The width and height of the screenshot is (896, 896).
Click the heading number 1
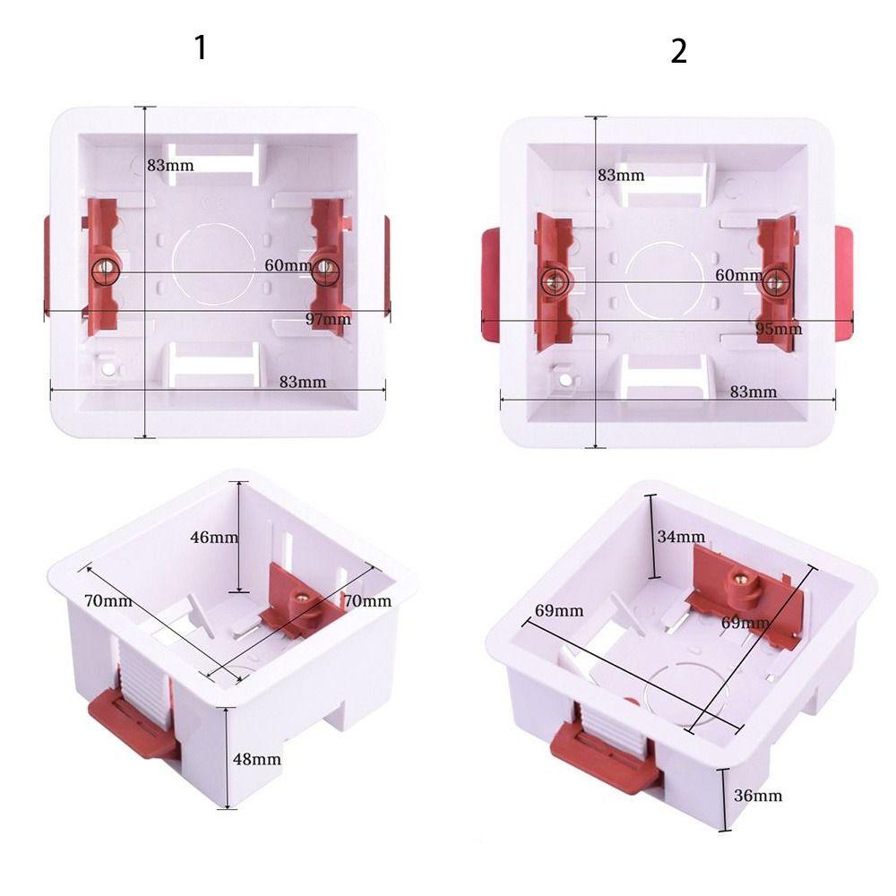coord(201,47)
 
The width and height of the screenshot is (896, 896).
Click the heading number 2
coord(678,51)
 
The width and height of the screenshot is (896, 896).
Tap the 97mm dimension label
coord(328,319)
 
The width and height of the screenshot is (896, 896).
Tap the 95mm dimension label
coord(779,328)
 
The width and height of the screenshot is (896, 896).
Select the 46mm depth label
coord(214,538)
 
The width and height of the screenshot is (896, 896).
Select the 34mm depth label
coord(681,537)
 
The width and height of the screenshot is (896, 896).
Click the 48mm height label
coord(257,759)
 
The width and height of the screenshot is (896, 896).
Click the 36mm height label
coord(758,795)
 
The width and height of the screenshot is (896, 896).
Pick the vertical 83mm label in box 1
coord(170,165)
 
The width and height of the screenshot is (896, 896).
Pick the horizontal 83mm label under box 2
coord(753,392)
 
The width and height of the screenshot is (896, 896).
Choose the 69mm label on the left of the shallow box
coord(559,611)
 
